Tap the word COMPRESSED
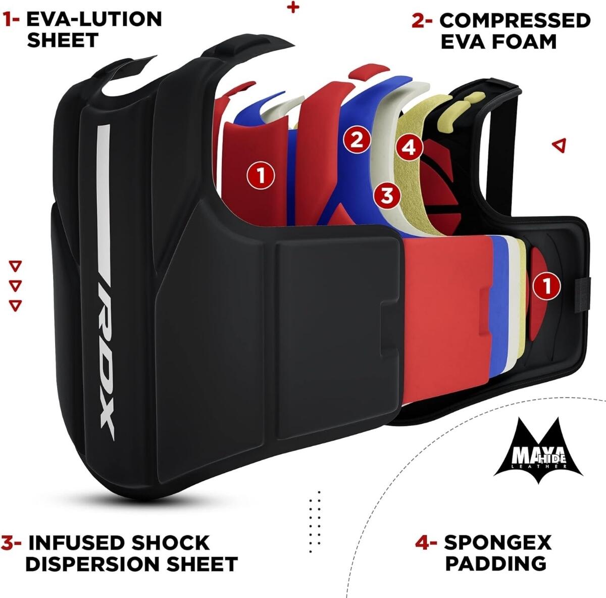[515, 21]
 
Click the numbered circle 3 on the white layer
[388, 195]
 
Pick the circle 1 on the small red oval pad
[547, 286]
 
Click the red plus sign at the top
[293, 8]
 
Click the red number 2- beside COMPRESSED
[422, 21]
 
